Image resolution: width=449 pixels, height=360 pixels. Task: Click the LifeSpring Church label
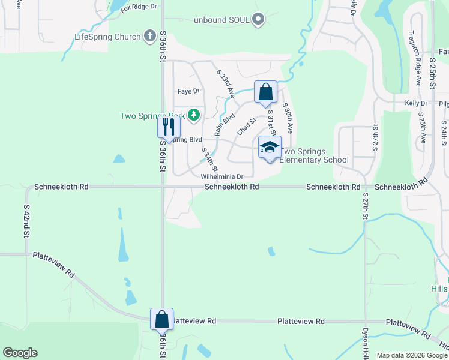[x=107, y=37]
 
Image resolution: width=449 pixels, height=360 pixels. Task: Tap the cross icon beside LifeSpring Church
[x=150, y=37]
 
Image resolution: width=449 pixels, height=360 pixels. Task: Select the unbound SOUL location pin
[x=259, y=20]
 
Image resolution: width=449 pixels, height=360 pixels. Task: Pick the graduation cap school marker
[x=270, y=146]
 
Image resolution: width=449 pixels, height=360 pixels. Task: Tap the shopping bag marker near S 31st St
[x=265, y=92]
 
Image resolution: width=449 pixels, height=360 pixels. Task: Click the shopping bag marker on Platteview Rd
[x=162, y=319]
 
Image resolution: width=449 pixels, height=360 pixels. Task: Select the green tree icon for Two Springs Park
[x=193, y=114]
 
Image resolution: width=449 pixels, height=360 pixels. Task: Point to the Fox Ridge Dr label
[x=138, y=7]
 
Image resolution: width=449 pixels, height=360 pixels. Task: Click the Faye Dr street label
[x=188, y=91]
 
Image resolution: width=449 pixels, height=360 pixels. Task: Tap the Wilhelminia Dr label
[x=221, y=177]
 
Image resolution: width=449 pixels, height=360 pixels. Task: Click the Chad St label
[x=246, y=126]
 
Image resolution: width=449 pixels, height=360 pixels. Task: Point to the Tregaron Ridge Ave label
[x=414, y=59]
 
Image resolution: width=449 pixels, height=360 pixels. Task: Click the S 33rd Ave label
[x=226, y=84]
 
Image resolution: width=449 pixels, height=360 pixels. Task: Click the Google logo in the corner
[x=20, y=353]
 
